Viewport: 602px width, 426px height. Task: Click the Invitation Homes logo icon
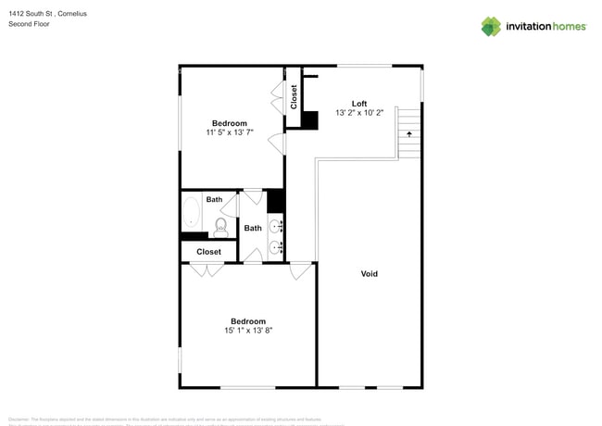pyautogui.click(x=490, y=26)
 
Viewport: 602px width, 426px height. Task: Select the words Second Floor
pyautogui.click(x=29, y=24)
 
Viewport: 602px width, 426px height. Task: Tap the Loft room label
pyautogui.click(x=359, y=103)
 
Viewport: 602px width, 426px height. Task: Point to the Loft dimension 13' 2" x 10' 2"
pyautogui.click(x=359, y=113)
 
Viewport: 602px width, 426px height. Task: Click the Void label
pyautogui.click(x=369, y=273)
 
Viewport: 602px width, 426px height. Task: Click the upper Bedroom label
pyautogui.click(x=230, y=123)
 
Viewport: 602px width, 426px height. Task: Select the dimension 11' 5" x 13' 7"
pyautogui.click(x=230, y=133)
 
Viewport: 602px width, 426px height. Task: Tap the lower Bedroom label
pyautogui.click(x=248, y=321)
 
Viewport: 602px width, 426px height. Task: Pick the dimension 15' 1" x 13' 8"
pyautogui.click(x=248, y=331)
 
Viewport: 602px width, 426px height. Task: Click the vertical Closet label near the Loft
pyautogui.click(x=294, y=97)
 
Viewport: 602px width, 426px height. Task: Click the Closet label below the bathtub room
pyautogui.click(x=208, y=251)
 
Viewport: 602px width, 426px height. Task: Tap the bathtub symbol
pyautogui.click(x=191, y=212)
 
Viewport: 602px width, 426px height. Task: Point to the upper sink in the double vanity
pyautogui.click(x=276, y=226)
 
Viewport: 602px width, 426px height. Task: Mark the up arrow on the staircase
pyautogui.click(x=408, y=133)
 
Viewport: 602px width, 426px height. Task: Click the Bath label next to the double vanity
pyautogui.click(x=253, y=228)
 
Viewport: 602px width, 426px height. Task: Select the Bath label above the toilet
pyautogui.click(x=214, y=199)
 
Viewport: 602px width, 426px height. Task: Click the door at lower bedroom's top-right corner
pyautogui.click(x=300, y=271)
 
